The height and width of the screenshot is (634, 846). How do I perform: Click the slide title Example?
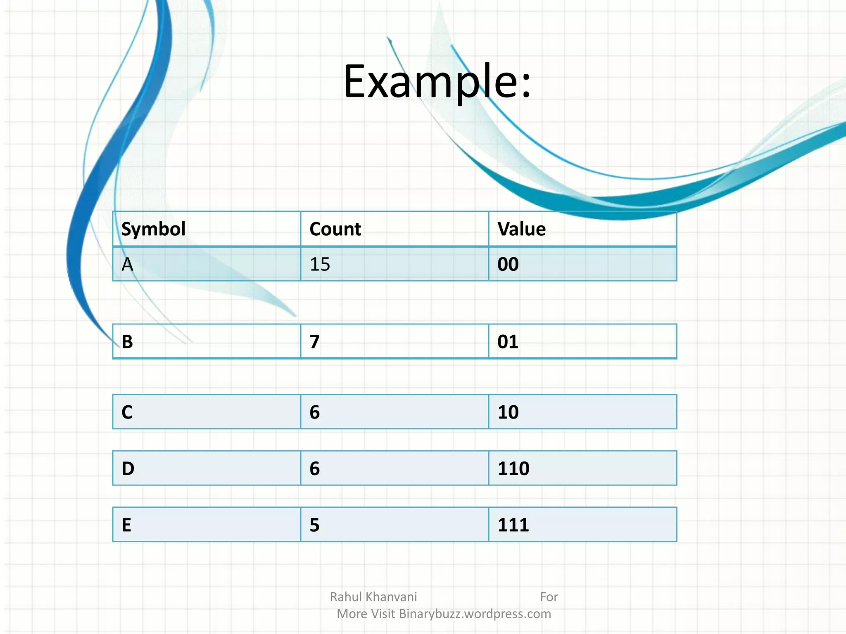coord(437,81)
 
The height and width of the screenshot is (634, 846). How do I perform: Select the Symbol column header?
coord(153,229)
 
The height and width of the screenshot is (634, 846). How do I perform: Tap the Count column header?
coord(335,229)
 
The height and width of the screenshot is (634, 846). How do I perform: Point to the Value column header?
coord(521,229)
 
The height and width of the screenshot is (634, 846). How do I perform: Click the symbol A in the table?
coord(128,265)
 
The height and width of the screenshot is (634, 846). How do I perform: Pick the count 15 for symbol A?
coord(320,265)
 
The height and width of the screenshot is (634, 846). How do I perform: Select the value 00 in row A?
coord(508,265)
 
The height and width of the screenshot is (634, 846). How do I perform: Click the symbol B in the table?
coord(127,342)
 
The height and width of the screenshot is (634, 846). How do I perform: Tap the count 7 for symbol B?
coord(315,342)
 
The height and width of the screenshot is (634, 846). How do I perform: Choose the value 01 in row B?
coord(508,342)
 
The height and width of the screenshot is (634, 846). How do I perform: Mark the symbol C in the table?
coord(127,412)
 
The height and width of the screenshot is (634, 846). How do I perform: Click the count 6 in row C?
coord(315,412)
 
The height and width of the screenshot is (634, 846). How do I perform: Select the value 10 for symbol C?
coord(508,412)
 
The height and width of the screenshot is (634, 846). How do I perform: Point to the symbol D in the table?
coord(128,468)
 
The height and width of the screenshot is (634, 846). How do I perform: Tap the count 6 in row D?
coord(315,468)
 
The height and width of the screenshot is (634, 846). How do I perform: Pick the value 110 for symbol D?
coord(513,468)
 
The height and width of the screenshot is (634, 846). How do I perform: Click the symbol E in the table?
coord(126,525)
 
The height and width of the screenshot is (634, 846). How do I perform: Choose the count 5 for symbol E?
coord(315,525)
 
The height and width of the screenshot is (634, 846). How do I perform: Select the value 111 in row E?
coord(513,525)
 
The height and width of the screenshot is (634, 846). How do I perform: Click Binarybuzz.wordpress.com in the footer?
coord(475,614)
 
